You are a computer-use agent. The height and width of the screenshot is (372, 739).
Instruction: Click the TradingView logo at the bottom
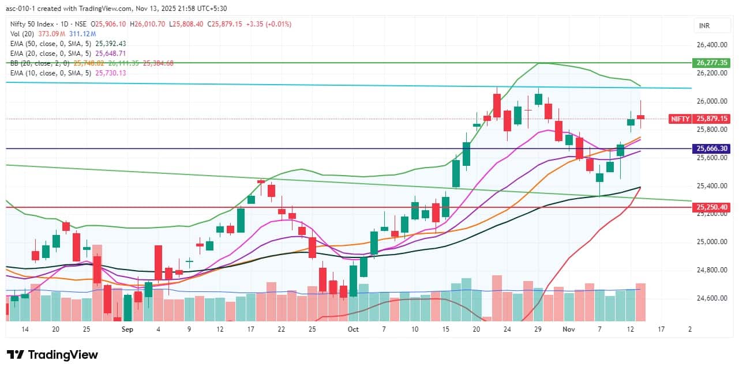[52, 355]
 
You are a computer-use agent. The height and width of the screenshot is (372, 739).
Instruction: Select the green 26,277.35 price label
[711, 62]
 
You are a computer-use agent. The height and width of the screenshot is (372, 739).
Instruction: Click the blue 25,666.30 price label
[711, 149]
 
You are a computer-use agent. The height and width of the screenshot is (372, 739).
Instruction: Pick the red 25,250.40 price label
[711, 207]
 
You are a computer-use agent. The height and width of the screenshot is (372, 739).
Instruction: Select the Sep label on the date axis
[127, 329]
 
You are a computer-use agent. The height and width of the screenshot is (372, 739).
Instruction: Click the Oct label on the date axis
[353, 329]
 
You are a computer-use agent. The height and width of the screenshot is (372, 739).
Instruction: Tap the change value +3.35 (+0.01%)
[268, 24]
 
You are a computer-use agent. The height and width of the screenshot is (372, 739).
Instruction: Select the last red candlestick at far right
[640, 117]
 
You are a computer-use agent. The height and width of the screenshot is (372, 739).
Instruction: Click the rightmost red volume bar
[640, 302]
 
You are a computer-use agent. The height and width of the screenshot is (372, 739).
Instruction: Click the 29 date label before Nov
[538, 329]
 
